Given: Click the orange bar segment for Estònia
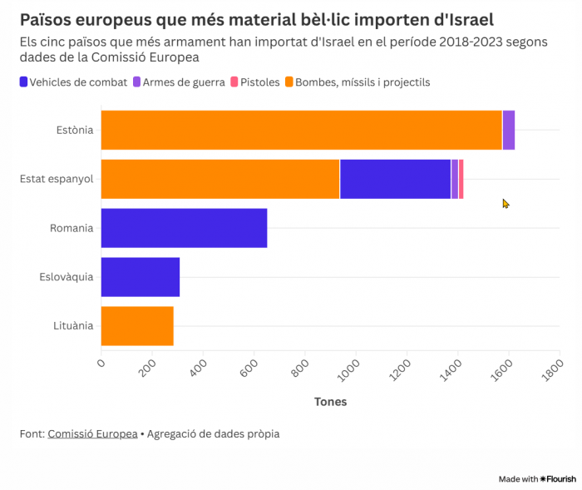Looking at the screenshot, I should tap(301, 130).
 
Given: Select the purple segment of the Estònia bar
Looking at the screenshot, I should tap(509, 130).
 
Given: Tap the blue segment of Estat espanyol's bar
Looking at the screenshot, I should tap(395, 179).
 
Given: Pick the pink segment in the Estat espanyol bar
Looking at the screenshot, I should tap(461, 179).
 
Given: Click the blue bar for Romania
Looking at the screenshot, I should tap(184, 228).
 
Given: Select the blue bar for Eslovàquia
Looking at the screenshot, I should tap(141, 277).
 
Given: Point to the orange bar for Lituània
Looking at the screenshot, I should tap(137, 326).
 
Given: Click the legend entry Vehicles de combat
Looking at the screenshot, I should tap(73, 82).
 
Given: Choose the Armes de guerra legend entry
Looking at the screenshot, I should tap(179, 82).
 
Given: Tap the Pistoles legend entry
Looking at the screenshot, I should tap(254, 82).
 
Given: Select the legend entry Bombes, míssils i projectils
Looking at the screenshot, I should tap(357, 82).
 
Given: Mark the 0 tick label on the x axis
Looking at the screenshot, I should tap(101, 363).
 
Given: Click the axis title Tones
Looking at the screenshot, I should tap(330, 402).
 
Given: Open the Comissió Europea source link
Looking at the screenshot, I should tap(92, 433).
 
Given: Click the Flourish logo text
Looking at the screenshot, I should tap(558, 479).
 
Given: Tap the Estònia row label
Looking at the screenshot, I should tap(75, 130).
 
